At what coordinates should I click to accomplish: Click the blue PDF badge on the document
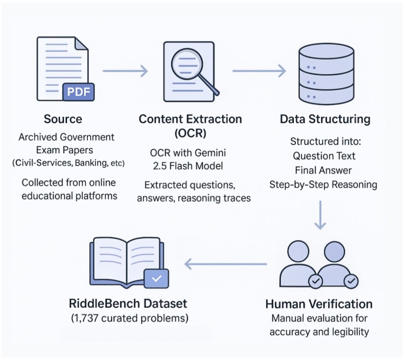78,92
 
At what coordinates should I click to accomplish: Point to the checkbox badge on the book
156,278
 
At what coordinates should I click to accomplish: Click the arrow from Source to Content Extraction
125,71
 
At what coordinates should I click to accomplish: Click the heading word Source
63,119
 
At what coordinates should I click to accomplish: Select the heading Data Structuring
325,119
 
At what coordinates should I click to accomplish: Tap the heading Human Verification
319,304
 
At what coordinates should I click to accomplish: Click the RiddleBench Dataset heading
128,304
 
